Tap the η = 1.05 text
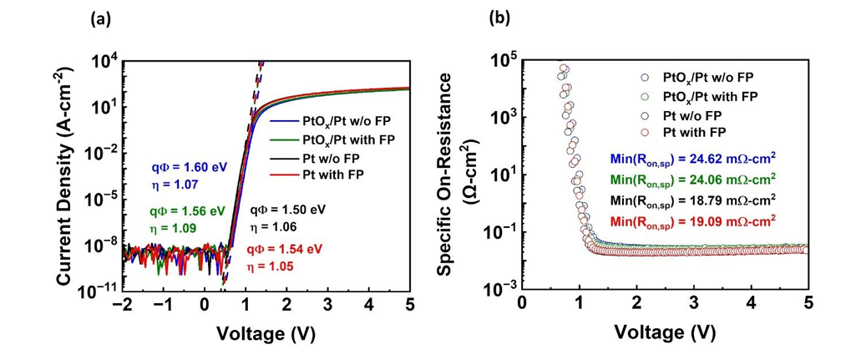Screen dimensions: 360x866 (271, 264)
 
